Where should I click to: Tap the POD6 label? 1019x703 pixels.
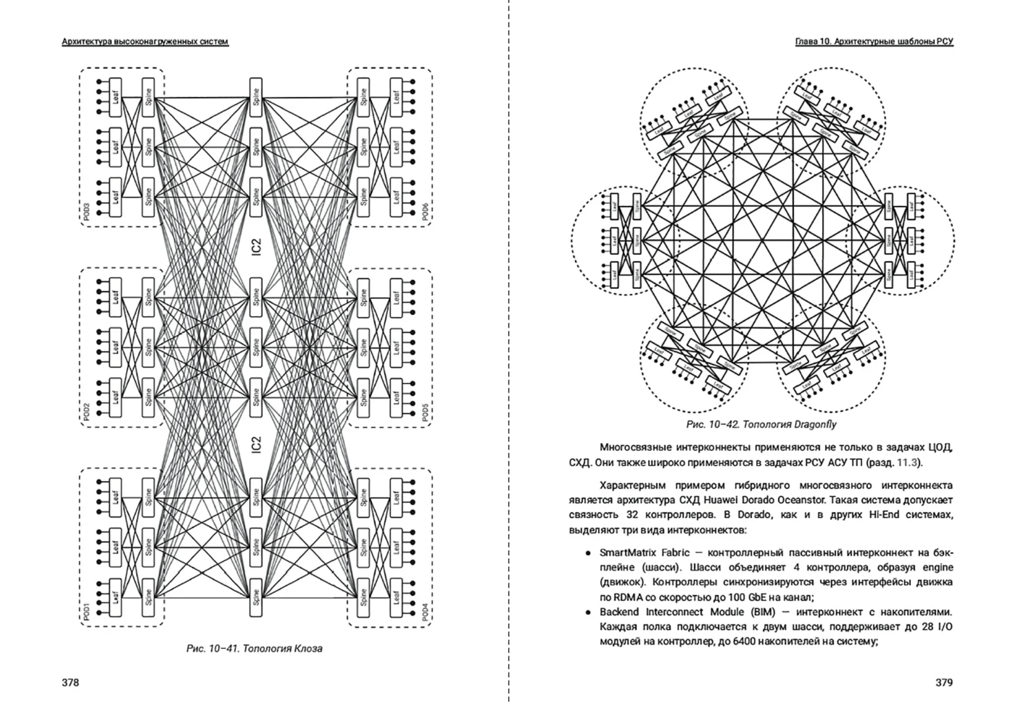click(x=425, y=212)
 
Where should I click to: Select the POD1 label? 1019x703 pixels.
click(x=87, y=612)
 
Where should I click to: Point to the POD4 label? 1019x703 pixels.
click(x=425, y=612)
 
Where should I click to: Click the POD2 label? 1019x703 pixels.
click(x=87, y=412)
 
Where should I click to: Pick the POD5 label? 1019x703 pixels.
click(x=425, y=413)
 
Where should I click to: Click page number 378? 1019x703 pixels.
click(x=70, y=682)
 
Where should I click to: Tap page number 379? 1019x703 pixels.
click(x=944, y=682)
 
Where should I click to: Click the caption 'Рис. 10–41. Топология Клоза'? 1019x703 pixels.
click(x=254, y=648)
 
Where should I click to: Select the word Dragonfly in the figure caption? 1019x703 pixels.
click(x=815, y=424)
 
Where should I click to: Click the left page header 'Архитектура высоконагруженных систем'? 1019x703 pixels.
click(x=145, y=42)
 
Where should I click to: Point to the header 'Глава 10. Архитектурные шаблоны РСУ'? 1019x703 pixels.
click(x=874, y=42)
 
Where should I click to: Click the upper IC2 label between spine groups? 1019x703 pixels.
click(x=256, y=246)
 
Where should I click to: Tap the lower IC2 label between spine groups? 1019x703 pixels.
click(x=256, y=445)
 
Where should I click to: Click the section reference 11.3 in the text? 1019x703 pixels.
click(x=907, y=462)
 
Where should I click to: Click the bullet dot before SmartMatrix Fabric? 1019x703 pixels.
click(x=588, y=553)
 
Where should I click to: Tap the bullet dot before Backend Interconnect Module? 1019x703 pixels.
click(x=588, y=612)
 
